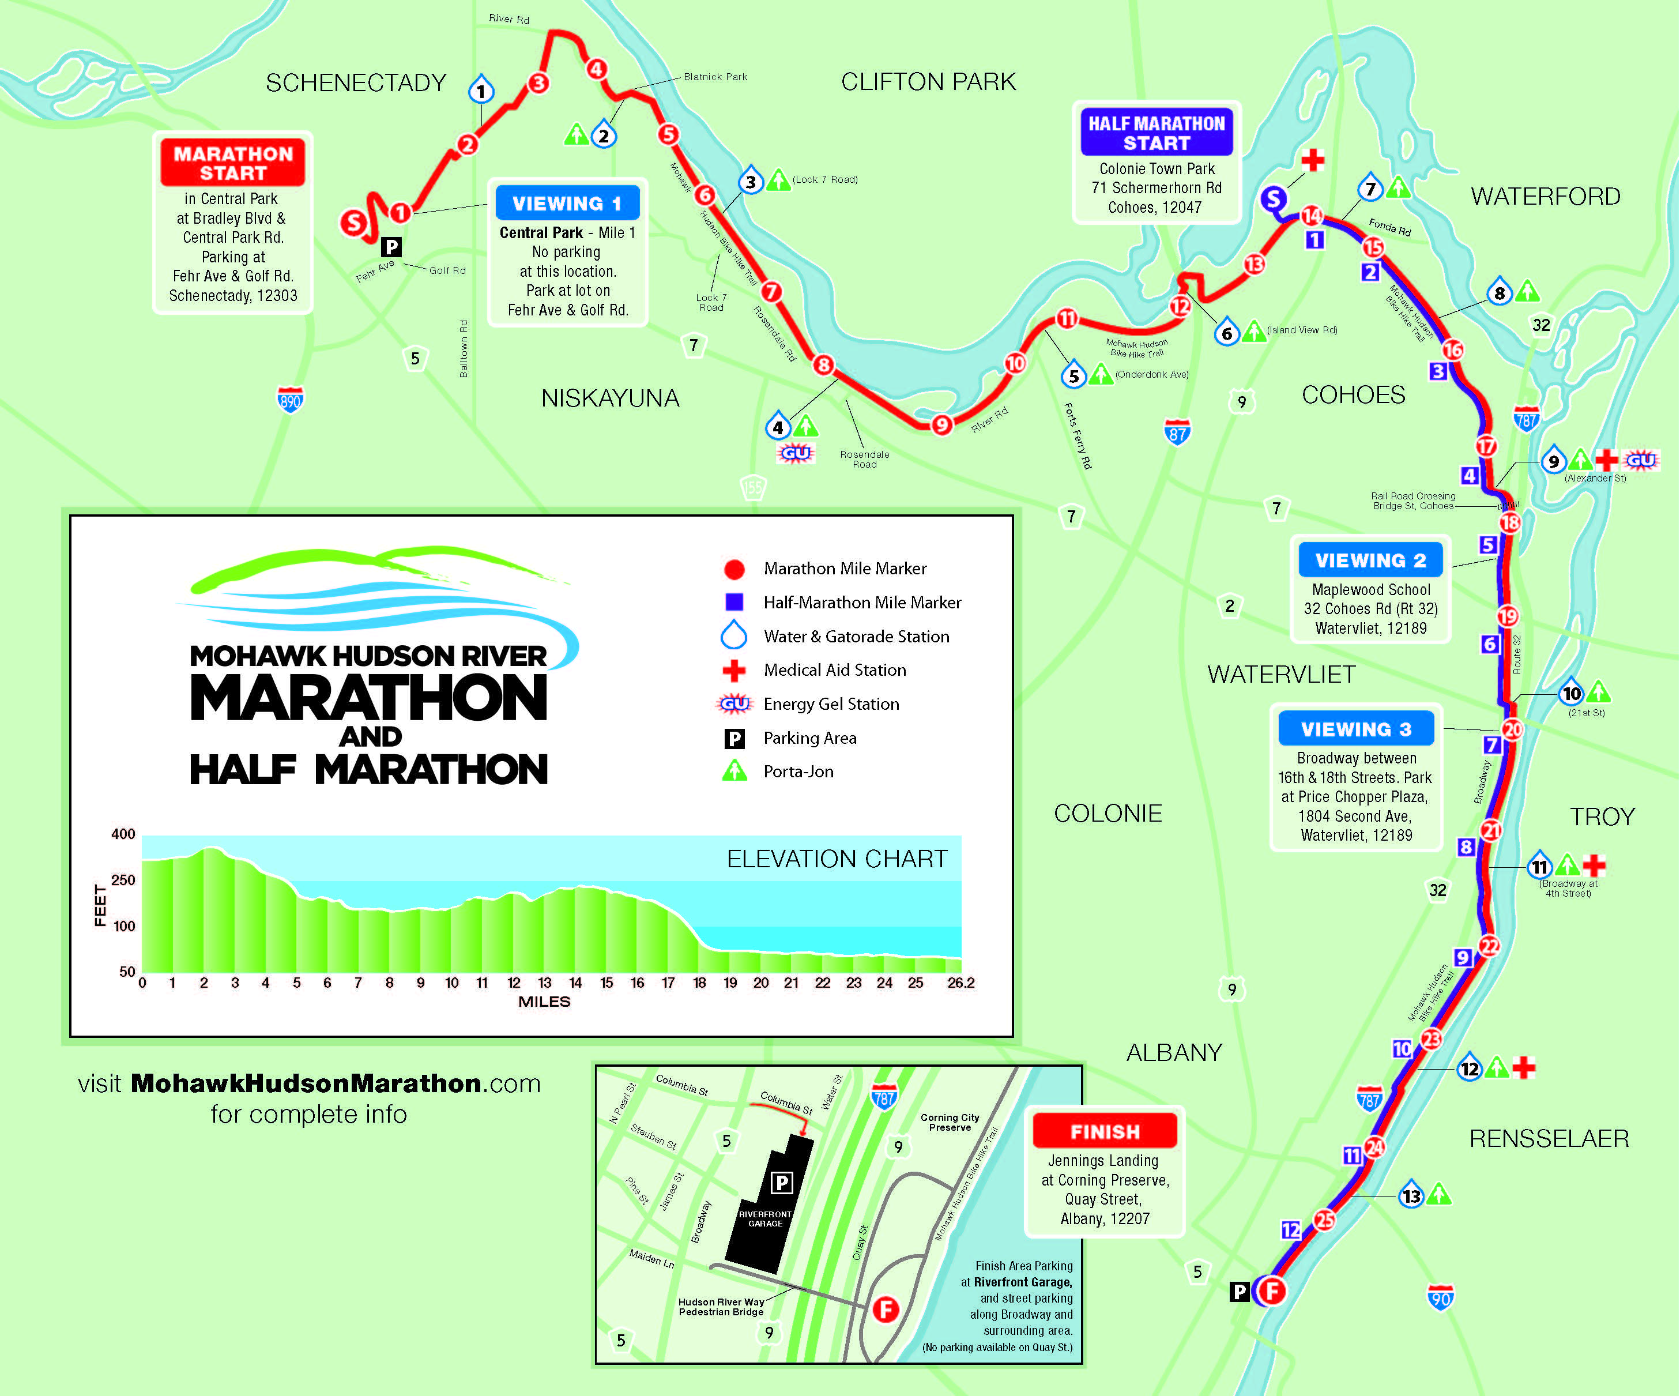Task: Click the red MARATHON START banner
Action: pyautogui.click(x=233, y=163)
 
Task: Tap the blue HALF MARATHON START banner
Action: pyautogui.click(x=1156, y=133)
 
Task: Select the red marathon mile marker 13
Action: pyautogui.click(x=1253, y=264)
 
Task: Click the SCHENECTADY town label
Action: pyautogui.click(x=356, y=82)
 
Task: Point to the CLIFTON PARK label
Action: pyautogui.click(x=928, y=82)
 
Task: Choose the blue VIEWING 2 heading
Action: pyautogui.click(x=1370, y=560)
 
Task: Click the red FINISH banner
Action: pyautogui.click(x=1105, y=1131)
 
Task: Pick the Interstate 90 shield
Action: pyautogui.click(x=1440, y=1297)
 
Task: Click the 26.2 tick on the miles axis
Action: pyautogui.click(x=961, y=983)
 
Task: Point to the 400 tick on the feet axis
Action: pyautogui.click(x=123, y=834)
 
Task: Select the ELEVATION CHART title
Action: pyautogui.click(x=837, y=859)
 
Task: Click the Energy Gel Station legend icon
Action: pyautogui.click(x=734, y=704)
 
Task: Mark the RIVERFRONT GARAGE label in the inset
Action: pyautogui.click(x=765, y=1218)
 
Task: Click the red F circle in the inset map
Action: pyautogui.click(x=886, y=1310)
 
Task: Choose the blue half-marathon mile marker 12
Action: pyautogui.click(x=1290, y=1229)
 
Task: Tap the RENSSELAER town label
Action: pyautogui.click(x=1549, y=1138)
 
